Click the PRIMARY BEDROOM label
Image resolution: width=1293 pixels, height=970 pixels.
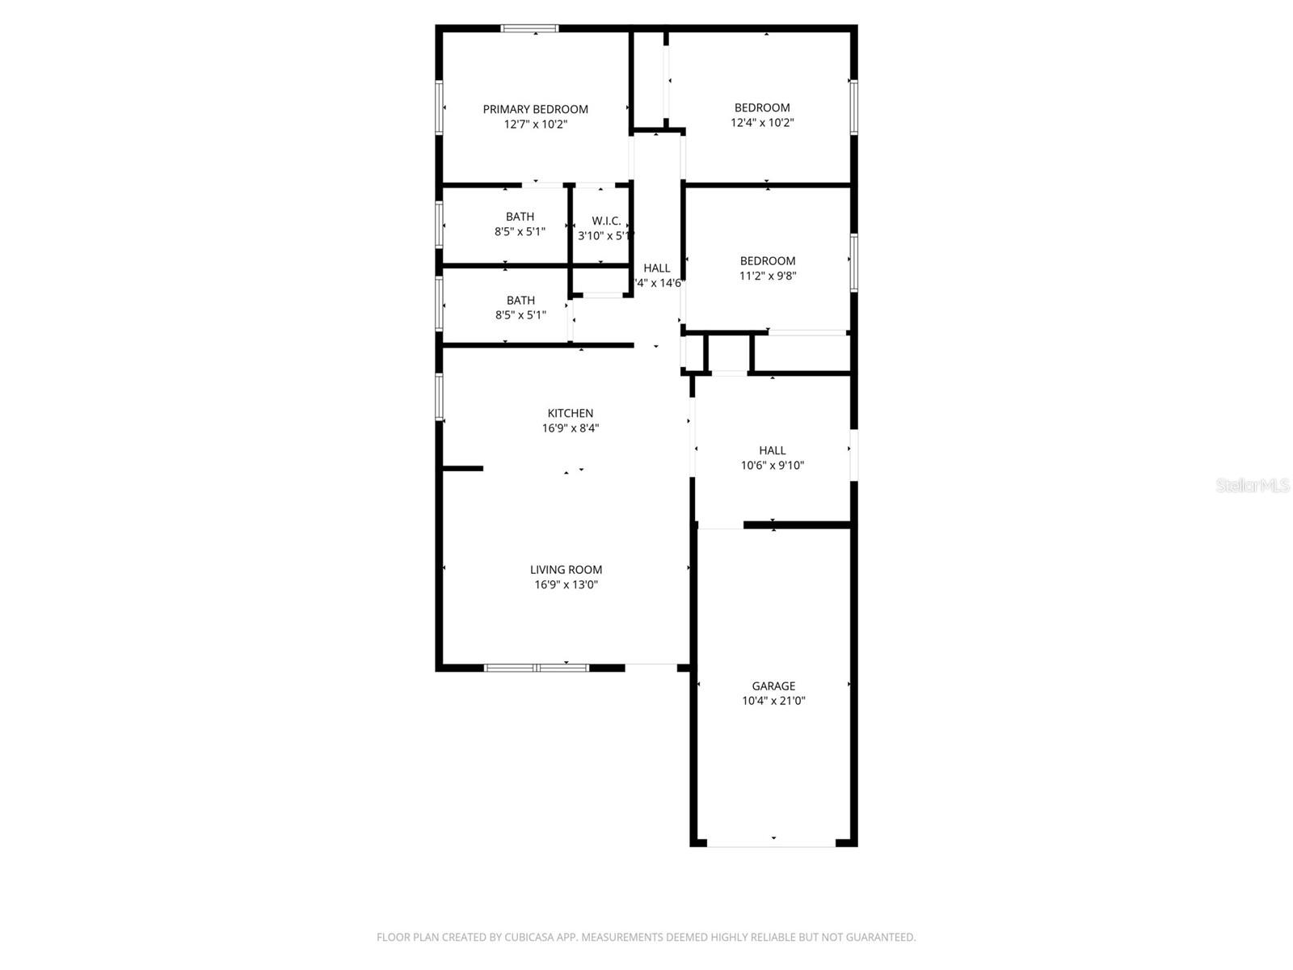coord(535,109)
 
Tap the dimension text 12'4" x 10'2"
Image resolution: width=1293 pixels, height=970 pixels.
coord(762,123)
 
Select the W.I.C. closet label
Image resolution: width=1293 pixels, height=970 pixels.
coord(606,221)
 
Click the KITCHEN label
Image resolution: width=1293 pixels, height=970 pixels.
coord(570,413)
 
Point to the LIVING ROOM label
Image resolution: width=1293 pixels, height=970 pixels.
coord(566,569)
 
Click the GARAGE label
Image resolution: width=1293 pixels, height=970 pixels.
coord(773,685)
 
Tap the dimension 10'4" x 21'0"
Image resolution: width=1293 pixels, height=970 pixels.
coord(773,701)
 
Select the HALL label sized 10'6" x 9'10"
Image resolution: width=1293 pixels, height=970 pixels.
coord(772,450)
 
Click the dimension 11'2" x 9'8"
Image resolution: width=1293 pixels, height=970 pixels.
coord(767,276)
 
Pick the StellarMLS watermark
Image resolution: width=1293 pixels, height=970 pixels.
coord(1252,485)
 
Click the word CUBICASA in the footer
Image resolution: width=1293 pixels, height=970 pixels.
coord(531,937)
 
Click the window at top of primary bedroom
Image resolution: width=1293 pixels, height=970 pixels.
coord(529,28)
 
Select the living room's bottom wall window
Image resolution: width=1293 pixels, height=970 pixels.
coord(537,668)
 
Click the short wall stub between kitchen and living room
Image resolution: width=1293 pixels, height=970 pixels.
coord(462,468)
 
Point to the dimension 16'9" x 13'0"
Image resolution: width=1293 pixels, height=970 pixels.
coord(566,584)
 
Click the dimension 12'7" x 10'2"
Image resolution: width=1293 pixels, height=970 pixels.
coord(535,124)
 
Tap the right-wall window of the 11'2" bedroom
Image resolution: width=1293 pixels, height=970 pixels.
coord(853,261)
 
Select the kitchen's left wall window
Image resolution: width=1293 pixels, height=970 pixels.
coord(440,396)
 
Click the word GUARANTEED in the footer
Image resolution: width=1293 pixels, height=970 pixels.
coord(880,937)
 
